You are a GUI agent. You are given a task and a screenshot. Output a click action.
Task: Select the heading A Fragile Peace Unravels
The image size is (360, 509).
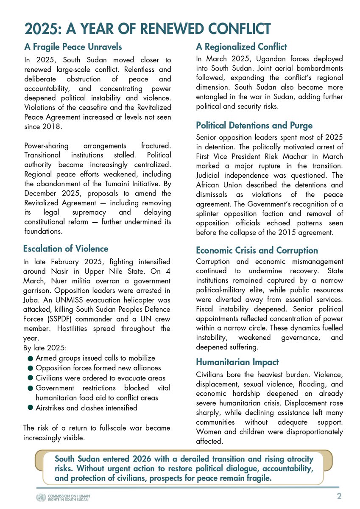[x=73, y=46]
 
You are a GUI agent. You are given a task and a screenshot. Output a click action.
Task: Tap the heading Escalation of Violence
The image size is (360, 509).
[x=66, y=249]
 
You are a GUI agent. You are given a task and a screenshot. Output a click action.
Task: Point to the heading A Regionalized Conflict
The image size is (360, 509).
[x=241, y=47]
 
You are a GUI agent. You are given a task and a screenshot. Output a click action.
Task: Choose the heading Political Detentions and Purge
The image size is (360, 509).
[x=254, y=125]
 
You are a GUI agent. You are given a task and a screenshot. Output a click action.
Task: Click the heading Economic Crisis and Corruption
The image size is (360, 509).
[x=257, y=250]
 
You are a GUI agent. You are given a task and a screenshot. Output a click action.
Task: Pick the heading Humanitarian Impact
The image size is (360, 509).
[x=237, y=362]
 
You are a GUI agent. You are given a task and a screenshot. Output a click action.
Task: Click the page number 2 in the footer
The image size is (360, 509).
[x=339, y=496]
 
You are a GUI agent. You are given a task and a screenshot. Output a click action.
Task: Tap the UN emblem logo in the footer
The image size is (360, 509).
[x=41, y=497]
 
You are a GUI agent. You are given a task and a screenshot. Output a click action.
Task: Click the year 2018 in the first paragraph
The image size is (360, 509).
[x=55, y=127]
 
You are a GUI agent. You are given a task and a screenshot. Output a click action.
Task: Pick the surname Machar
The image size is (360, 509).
[x=291, y=156]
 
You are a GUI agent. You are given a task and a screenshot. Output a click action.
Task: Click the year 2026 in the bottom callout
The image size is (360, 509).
[x=152, y=459]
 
